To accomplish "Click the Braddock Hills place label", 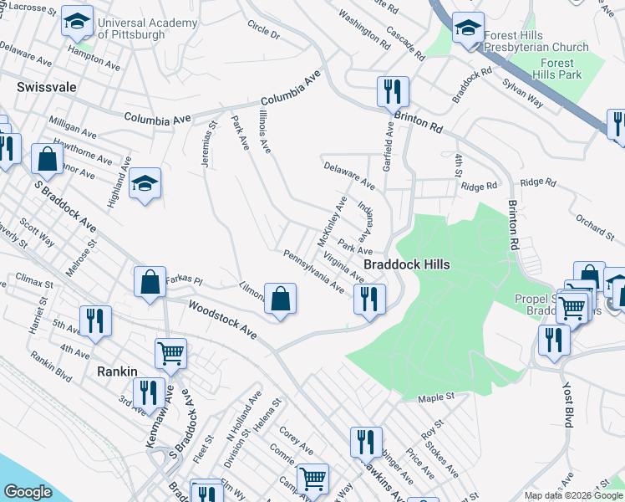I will click(406, 264).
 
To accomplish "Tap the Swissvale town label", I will click(45, 86).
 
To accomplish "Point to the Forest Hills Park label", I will click(556, 69).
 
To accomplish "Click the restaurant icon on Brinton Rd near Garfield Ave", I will click(392, 90).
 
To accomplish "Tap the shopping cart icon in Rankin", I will click(171, 353).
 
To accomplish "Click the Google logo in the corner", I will click(28, 492).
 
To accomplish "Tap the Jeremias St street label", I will click(208, 144).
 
